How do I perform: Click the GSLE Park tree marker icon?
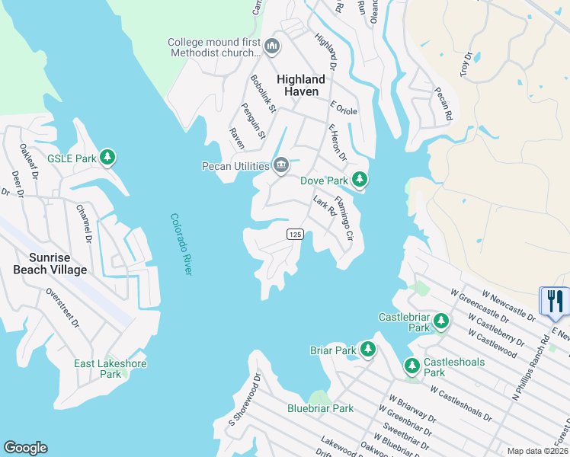coord(108,158)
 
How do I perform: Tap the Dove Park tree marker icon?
coord(360,181)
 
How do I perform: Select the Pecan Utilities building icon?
coord(281,165)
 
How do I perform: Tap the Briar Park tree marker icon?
coord(368,350)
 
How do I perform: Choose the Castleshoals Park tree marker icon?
coord(412,366)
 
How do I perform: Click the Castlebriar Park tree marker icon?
coord(441,322)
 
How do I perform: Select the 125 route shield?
coord(296,234)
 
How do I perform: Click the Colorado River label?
coord(180,244)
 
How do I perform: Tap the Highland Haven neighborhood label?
coord(301,85)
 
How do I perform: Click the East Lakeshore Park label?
coord(110,369)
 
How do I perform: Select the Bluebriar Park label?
coord(320,408)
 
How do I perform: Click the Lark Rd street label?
coord(325,206)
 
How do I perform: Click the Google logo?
coord(25,448)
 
